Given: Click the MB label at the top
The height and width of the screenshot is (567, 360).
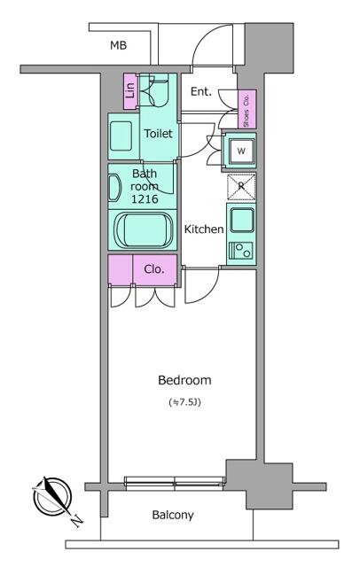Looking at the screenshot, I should (x=117, y=45).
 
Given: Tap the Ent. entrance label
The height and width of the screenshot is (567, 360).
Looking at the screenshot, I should (x=201, y=91).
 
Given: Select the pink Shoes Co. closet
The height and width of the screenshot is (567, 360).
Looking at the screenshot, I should (x=246, y=109).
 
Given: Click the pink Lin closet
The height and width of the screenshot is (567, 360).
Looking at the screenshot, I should (x=129, y=90).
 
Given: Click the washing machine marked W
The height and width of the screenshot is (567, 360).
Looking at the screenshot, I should (x=240, y=151).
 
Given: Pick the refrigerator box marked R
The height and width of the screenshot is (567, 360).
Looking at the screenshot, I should (x=240, y=187).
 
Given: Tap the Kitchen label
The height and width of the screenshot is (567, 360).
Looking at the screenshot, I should (x=203, y=229).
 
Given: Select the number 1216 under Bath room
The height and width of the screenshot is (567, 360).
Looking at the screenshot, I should (x=145, y=199).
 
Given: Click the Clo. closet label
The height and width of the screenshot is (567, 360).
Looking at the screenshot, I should (x=153, y=269).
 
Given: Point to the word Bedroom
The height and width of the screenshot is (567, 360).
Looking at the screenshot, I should (x=184, y=381).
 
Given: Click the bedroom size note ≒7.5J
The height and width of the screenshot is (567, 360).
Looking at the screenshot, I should (x=184, y=403).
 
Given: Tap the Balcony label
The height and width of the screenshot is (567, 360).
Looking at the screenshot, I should (x=173, y=515).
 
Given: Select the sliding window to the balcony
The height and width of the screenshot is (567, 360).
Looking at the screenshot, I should (x=175, y=483).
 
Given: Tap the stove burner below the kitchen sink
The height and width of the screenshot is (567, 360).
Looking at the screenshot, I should (x=240, y=251).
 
